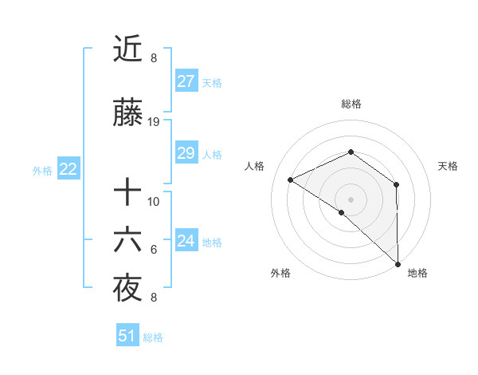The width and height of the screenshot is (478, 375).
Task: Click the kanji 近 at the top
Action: (x=127, y=50)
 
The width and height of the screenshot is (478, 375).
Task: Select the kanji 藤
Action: (x=127, y=115)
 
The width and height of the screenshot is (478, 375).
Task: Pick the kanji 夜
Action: (x=127, y=290)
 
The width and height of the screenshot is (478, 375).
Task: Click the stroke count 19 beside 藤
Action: (x=154, y=122)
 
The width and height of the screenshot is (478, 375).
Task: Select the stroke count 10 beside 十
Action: (x=154, y=201)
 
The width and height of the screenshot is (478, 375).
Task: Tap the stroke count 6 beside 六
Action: (x=154, y=250)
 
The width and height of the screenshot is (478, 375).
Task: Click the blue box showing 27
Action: (x=186, y=81)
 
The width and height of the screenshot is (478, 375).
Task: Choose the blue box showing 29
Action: (x=186, y=153)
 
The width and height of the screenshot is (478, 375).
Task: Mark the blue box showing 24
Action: (x=186, y=241)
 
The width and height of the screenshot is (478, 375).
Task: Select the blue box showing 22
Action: (x=68, y=168)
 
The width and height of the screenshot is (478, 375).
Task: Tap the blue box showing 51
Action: (x=127, y=336)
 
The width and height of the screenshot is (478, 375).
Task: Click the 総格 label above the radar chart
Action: (x=351, y=104)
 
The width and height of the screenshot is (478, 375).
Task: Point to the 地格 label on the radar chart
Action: (x=417, y=273)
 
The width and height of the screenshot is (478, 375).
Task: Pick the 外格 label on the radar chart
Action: (x=280, y=273)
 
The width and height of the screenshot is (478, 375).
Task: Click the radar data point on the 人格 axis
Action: (x=291, y=180)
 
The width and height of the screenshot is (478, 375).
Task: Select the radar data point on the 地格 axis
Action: (x=398, y=264)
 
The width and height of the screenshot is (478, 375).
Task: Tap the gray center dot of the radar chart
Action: (x=351, y=199)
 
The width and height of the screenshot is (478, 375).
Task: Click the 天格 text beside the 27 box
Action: (x=212, y=82)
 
